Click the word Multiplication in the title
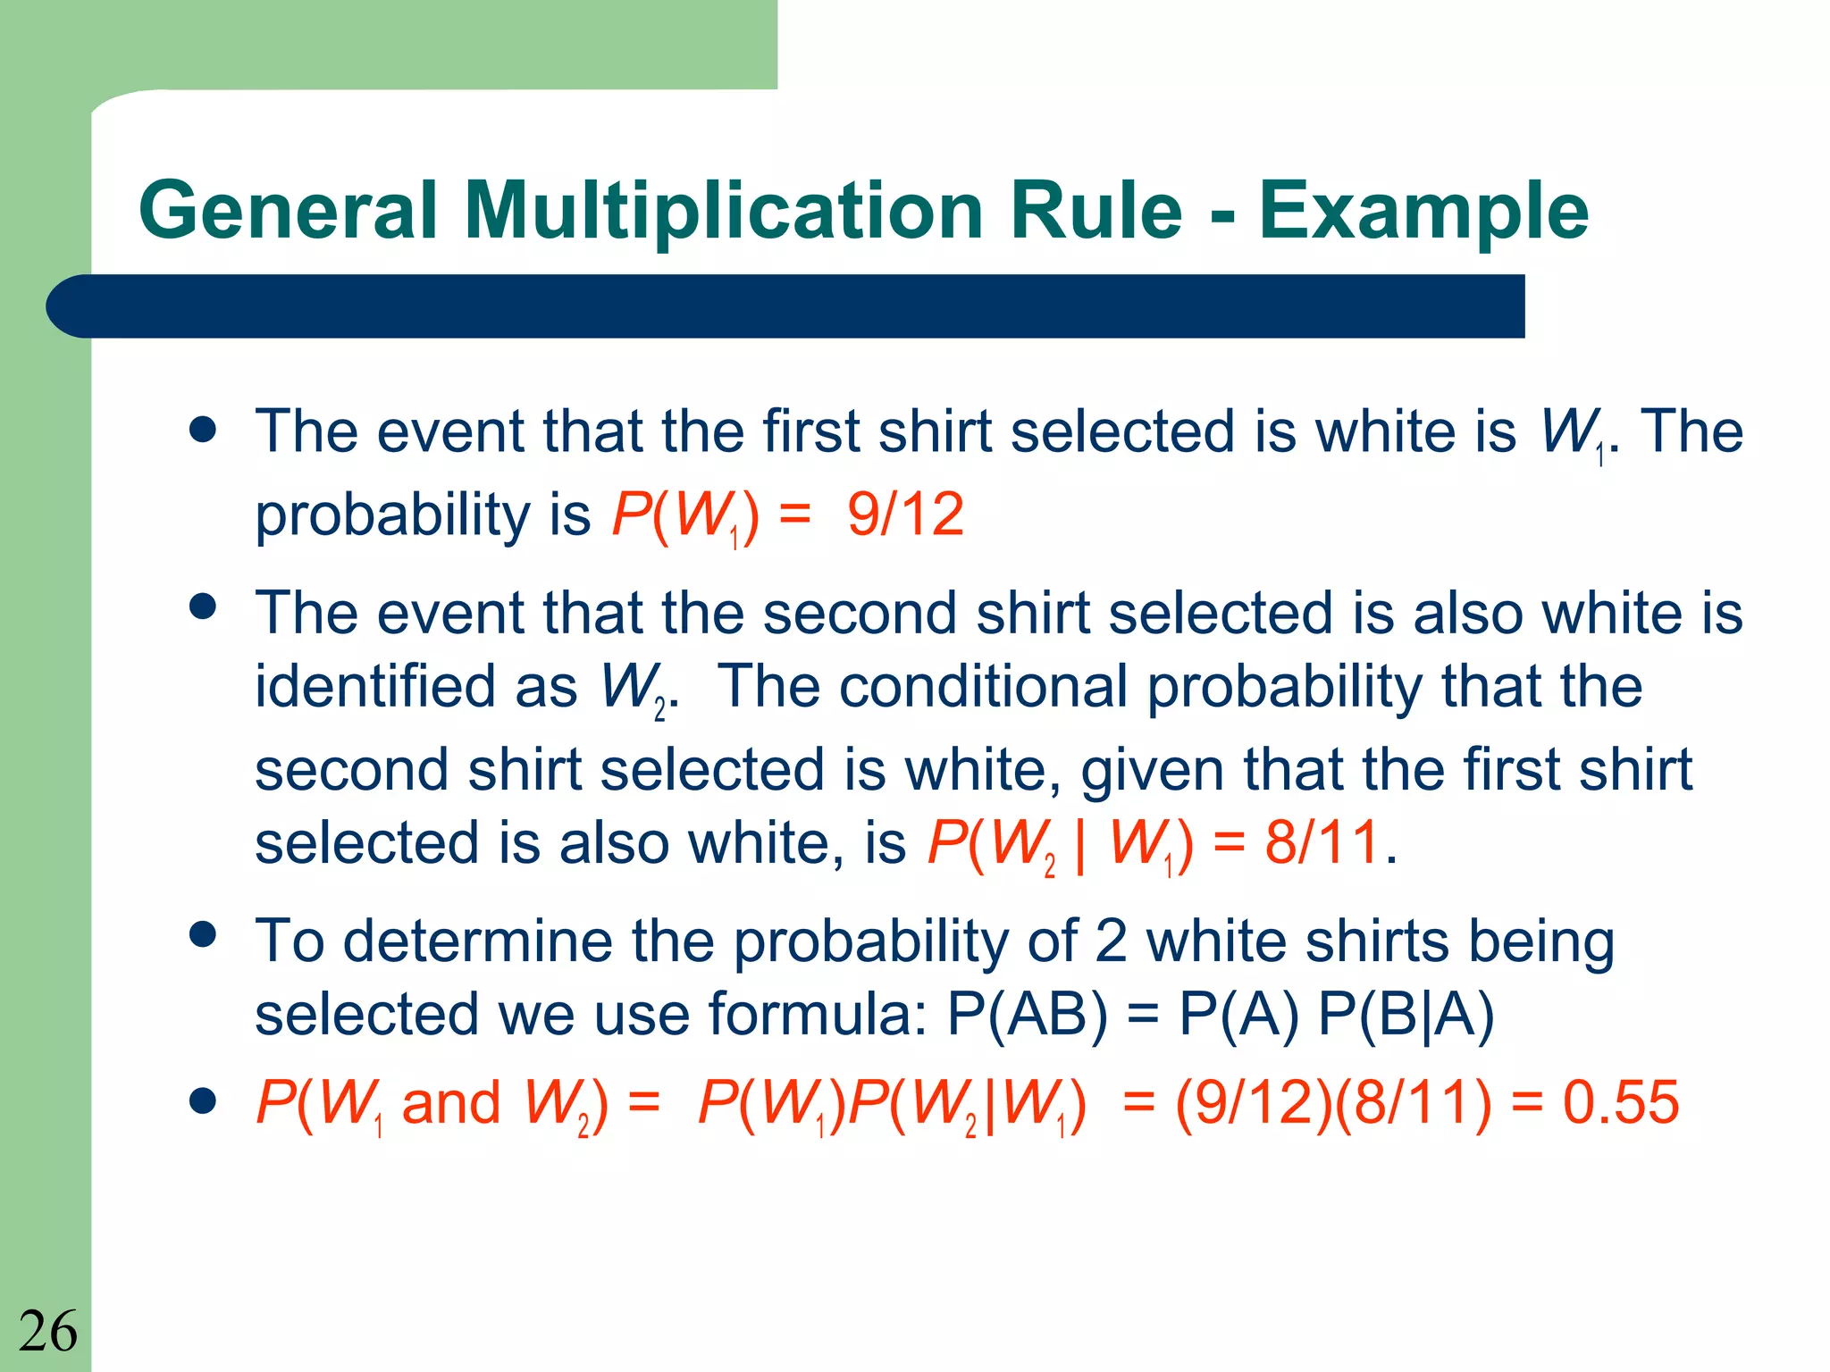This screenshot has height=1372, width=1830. click(724, 212)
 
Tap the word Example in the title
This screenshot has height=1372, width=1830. click(1423, 212)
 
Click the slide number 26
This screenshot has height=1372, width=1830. click(48, 1332)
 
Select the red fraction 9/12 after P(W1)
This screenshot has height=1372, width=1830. click(905, 514)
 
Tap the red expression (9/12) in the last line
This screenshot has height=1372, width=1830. click(1254, 1102)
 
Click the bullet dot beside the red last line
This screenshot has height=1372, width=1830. click(204, 1101)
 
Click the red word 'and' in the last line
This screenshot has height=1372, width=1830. click(451, 1102)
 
